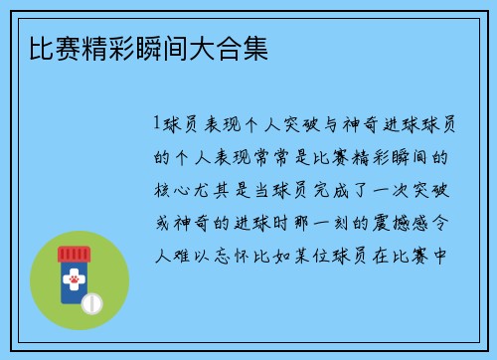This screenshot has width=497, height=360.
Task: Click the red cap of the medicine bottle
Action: point(75,254)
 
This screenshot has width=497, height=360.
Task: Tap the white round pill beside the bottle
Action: point(90,301)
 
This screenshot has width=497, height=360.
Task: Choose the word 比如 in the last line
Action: point(260,253)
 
